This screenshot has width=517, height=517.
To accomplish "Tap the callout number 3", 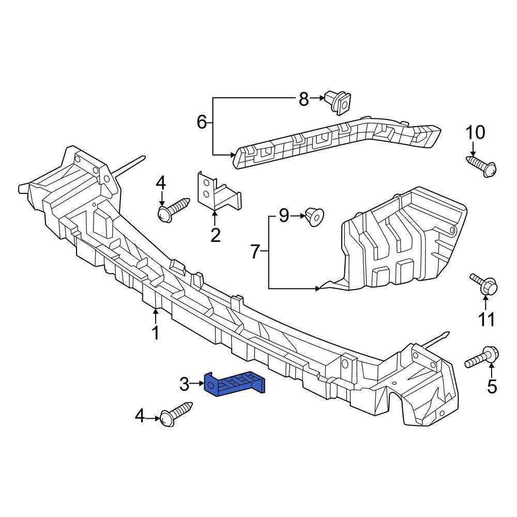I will [185, 384].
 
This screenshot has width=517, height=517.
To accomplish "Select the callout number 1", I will [156, 333].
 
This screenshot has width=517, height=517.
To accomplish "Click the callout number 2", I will [216, 235].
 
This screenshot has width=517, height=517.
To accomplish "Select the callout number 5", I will [492, 386].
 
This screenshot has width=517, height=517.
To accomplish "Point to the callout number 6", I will [202, 123].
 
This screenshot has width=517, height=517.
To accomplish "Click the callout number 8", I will [304, 98].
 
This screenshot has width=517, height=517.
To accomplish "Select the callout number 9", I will [284, 216].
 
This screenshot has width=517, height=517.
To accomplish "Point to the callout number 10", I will [476, 133].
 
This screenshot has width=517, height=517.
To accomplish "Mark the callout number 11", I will [485, 320].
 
